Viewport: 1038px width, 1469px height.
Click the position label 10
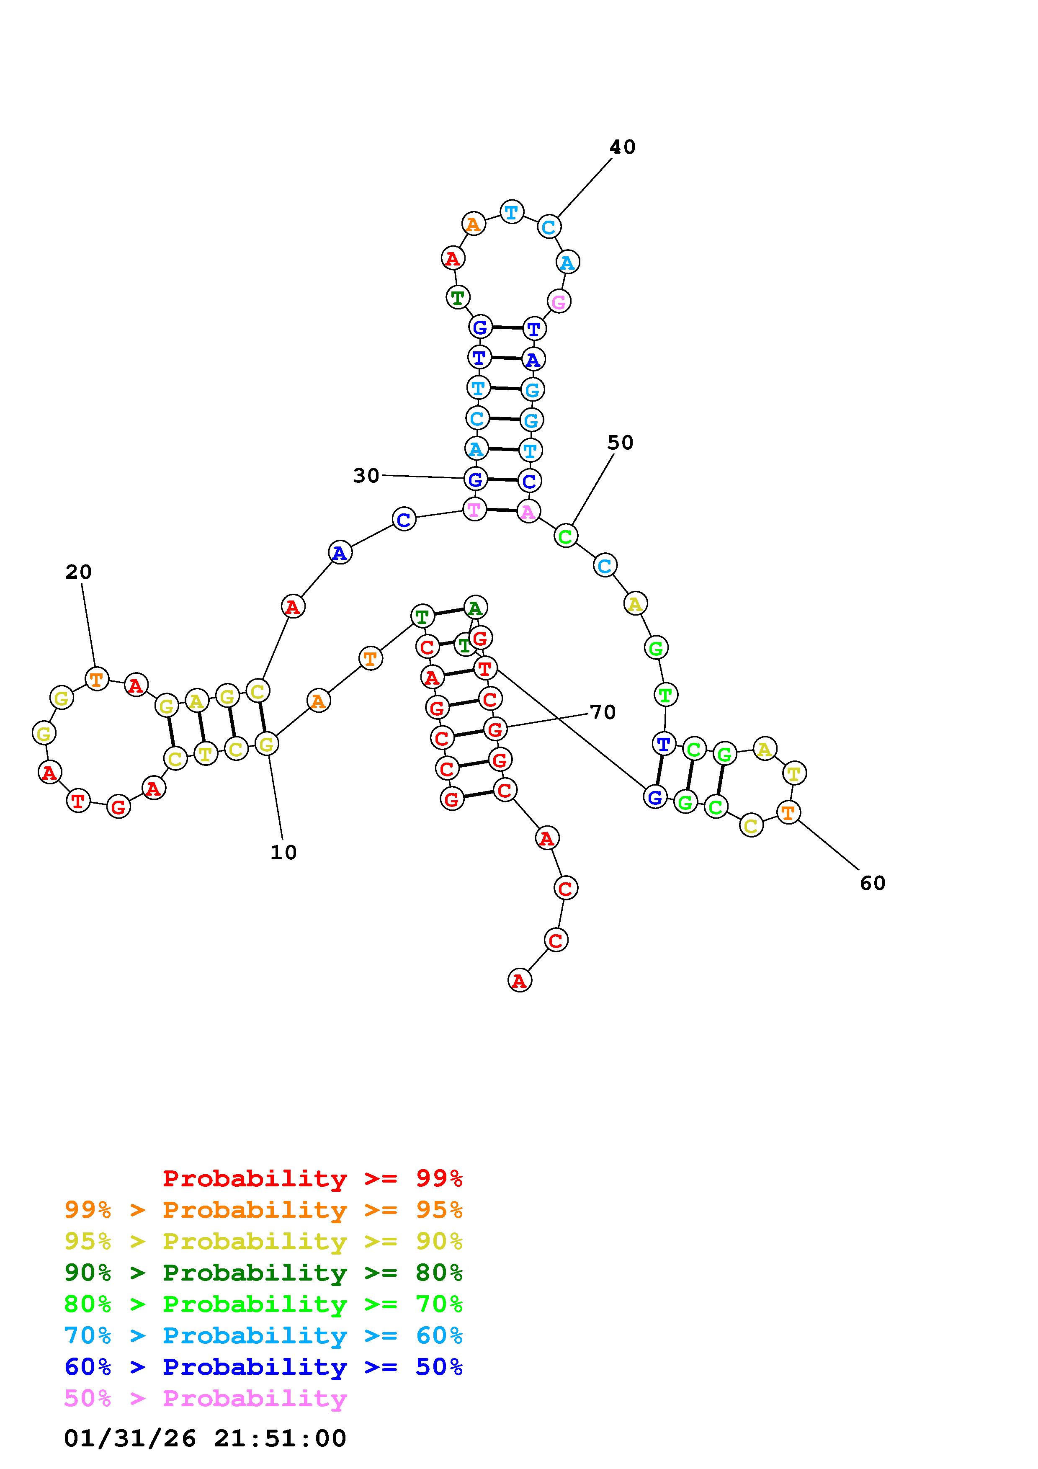[283, 852]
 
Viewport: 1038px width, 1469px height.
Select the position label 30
[366, 475]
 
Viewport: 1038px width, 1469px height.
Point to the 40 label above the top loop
[622, 147]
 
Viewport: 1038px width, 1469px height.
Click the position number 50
[620, 443]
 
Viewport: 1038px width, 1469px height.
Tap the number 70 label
[603, 712]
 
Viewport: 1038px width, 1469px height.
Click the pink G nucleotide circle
[559, 302]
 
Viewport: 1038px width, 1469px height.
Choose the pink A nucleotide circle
[528, 511]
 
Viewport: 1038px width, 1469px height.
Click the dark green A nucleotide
[474, 606]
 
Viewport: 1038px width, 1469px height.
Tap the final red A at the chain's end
[519, 980]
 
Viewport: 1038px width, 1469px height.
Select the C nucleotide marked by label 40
[549, 227]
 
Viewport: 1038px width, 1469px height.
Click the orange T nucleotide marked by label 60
[788, 812]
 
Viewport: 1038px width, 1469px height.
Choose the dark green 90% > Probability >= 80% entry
[263, 1273]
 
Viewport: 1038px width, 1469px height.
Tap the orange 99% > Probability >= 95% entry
[263, 1210]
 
